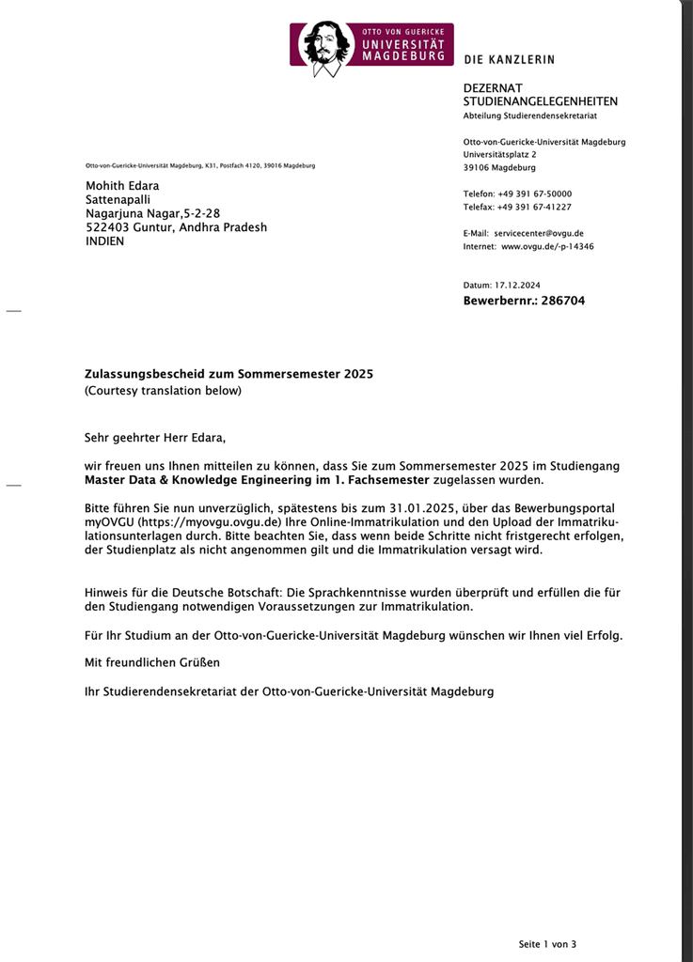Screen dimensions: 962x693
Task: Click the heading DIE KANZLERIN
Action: point(509,60)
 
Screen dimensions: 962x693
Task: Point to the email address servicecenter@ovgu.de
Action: point(539,233)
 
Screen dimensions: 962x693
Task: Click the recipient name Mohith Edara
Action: point(122,186)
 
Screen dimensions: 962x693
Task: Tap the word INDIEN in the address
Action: point(104,240)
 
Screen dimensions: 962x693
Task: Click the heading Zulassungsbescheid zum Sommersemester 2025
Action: point(228,374)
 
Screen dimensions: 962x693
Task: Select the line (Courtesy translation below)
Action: point(163,390)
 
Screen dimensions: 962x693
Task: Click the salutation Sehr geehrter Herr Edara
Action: point(155,437)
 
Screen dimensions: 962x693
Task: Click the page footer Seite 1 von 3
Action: point(547,943)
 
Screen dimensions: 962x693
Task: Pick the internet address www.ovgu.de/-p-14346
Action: point(549,246)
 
